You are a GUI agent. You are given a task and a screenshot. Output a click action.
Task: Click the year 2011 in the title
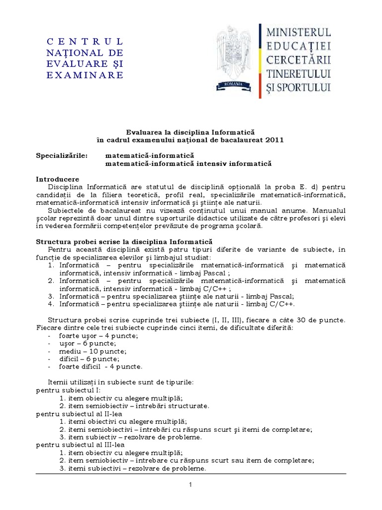[x=273, y=140]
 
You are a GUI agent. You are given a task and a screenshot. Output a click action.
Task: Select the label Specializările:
[x=62, y=155]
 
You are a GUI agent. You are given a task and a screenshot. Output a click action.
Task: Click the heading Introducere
[x=58, y=179]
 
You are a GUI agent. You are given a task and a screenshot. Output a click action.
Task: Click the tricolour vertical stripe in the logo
[x=260, y=60]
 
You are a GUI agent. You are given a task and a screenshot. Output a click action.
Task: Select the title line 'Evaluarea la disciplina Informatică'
[x=191, y=132]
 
